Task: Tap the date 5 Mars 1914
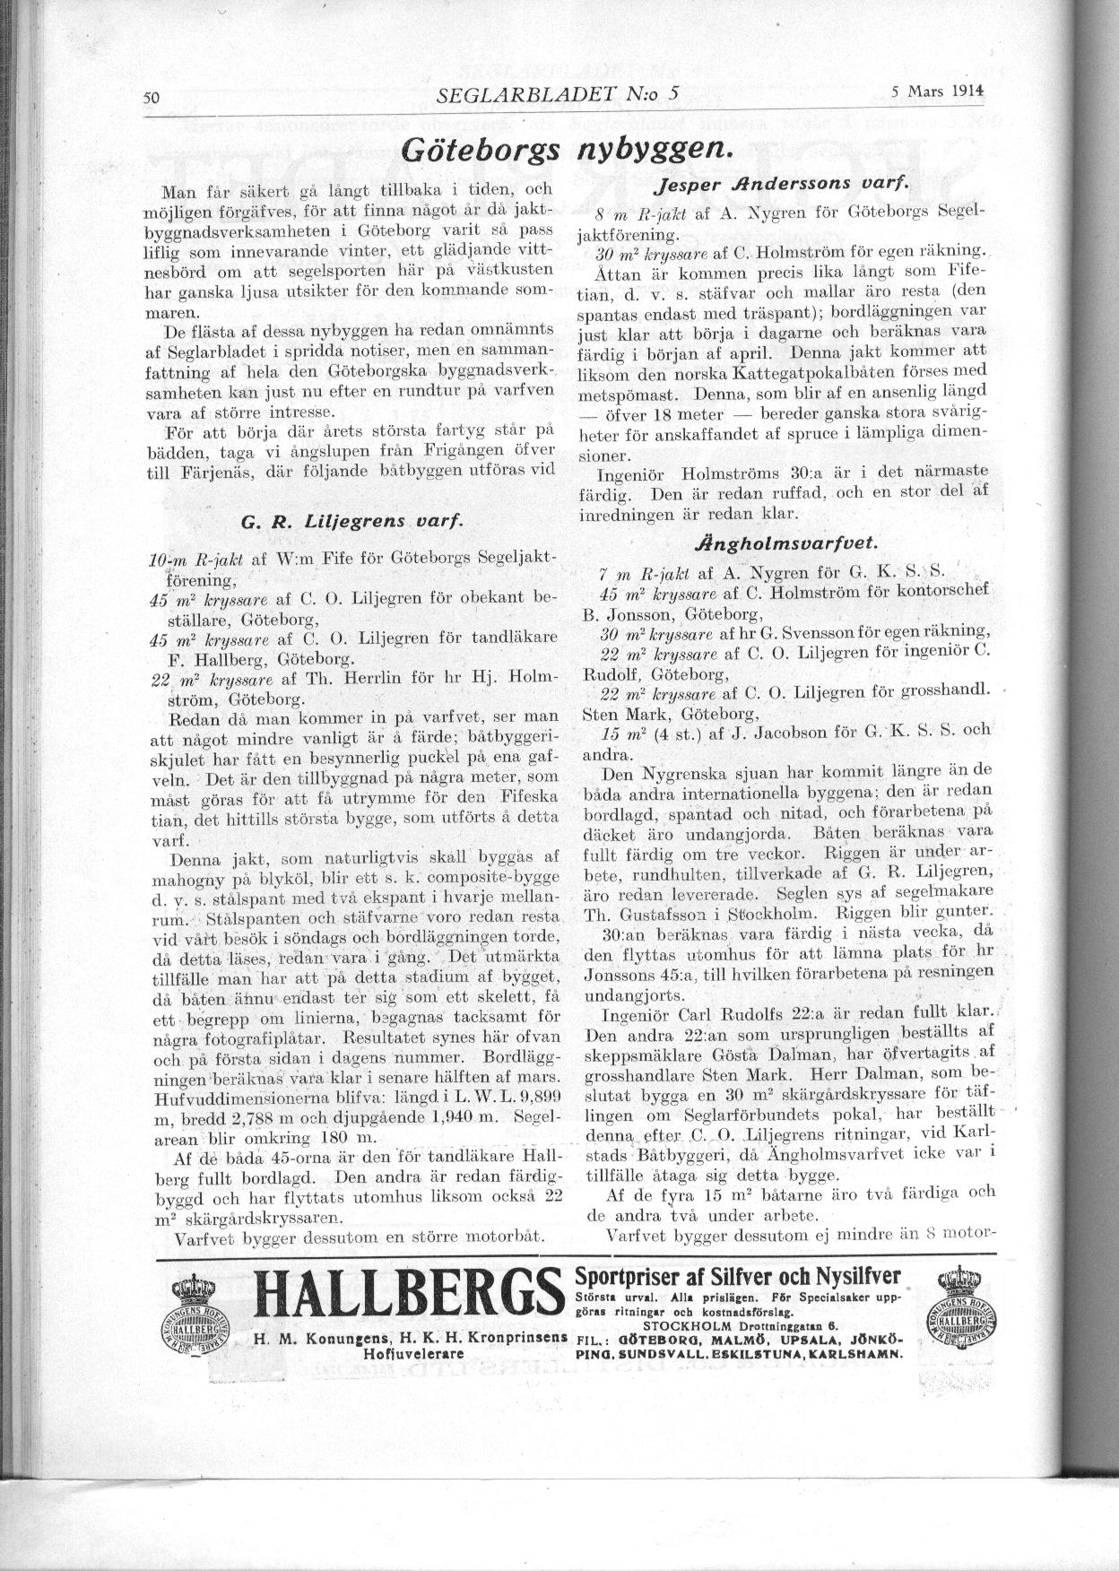tap(938, 91)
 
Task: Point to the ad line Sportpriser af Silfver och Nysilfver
tap(737, 1277)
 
